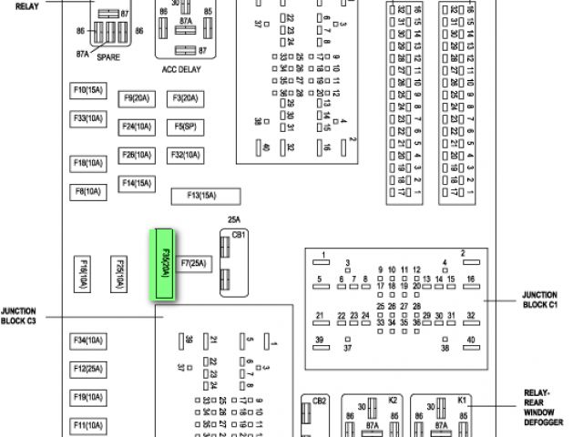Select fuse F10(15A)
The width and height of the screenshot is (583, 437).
click(x=88, y=90)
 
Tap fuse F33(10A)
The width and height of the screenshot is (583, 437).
click(x=88, y=118)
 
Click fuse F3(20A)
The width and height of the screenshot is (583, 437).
click(x=185, y=98)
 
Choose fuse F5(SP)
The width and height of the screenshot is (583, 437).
click(x=185, y=127)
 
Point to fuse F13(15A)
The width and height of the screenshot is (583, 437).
click(x=206, y=195)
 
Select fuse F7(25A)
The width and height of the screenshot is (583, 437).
click(x=194, y=264)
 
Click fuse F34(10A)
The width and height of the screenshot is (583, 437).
click(x=88, y=340)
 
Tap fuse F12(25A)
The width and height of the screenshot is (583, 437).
click(x=88, y=369)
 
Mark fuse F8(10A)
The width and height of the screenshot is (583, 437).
click(x=88, y=191)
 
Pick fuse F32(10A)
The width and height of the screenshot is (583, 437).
click(x=185, y=155)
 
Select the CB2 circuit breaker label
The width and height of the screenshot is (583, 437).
click(x=319, y=401)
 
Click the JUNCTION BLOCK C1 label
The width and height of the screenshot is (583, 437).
click(x=545, y=301)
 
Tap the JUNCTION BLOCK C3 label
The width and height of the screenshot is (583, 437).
click(x=19, y=315)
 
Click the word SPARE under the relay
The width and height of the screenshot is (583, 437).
click(x=108, y=56)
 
